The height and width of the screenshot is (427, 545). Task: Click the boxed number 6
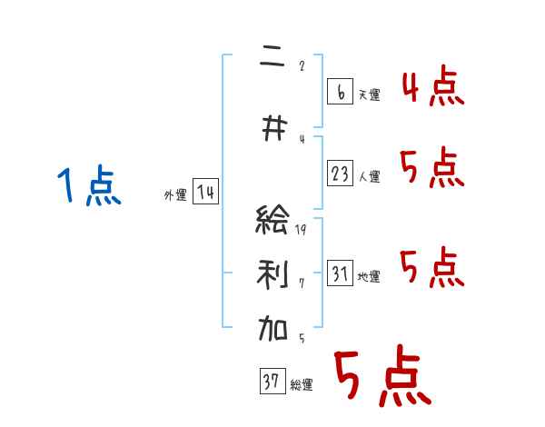(x=340, y=91)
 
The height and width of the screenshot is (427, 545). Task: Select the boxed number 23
(x=341, y=173)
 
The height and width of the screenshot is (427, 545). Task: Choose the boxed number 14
(x=205, y=193)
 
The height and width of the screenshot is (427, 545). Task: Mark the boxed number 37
(x=272, y=382)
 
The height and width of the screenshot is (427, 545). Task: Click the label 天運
(x=370, y=94)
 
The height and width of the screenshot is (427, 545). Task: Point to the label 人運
(x=370, y=176)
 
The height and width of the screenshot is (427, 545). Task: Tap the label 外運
(x=175, y=195)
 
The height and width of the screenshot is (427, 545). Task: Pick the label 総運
(x=302, y=385)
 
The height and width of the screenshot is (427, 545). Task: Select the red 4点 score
(x=432, y=88)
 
